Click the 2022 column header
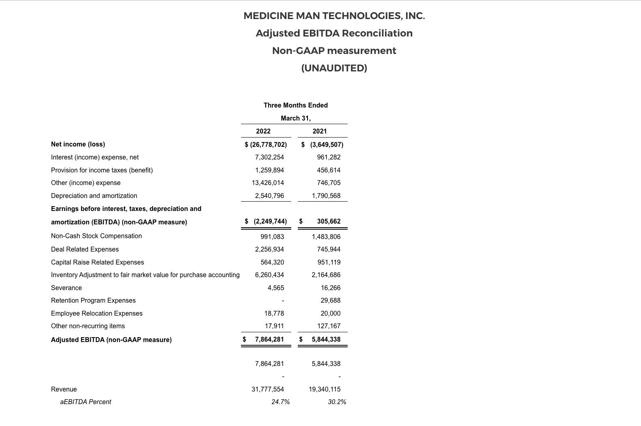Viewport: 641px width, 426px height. coord(263,131)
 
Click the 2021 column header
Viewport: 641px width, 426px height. coord(320,131)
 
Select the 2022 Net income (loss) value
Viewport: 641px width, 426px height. coord(266,144)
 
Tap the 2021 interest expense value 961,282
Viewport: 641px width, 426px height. coord(329,157)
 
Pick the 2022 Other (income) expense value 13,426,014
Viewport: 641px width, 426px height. coord(268,183)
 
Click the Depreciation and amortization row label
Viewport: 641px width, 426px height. coord(94,196)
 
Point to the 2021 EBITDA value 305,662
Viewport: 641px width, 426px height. coord(329,222)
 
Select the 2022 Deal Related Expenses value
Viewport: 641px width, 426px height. coord(269,249)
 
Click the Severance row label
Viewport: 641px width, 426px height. coord(67,288)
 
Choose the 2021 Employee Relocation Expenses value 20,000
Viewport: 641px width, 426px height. coord(330,313)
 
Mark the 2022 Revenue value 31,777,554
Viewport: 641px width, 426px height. coord(268,389)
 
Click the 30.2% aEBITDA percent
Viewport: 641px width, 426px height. coord(337,402)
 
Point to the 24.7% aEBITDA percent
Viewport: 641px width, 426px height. coord(281,402)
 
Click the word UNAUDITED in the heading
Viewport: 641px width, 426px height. coord(334,68)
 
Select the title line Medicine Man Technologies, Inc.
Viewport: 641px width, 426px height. coord(334,16)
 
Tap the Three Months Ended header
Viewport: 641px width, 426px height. coord(295,105)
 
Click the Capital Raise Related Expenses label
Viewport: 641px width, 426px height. coord(97,262)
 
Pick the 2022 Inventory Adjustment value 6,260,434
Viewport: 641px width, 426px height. coord(269,275)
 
